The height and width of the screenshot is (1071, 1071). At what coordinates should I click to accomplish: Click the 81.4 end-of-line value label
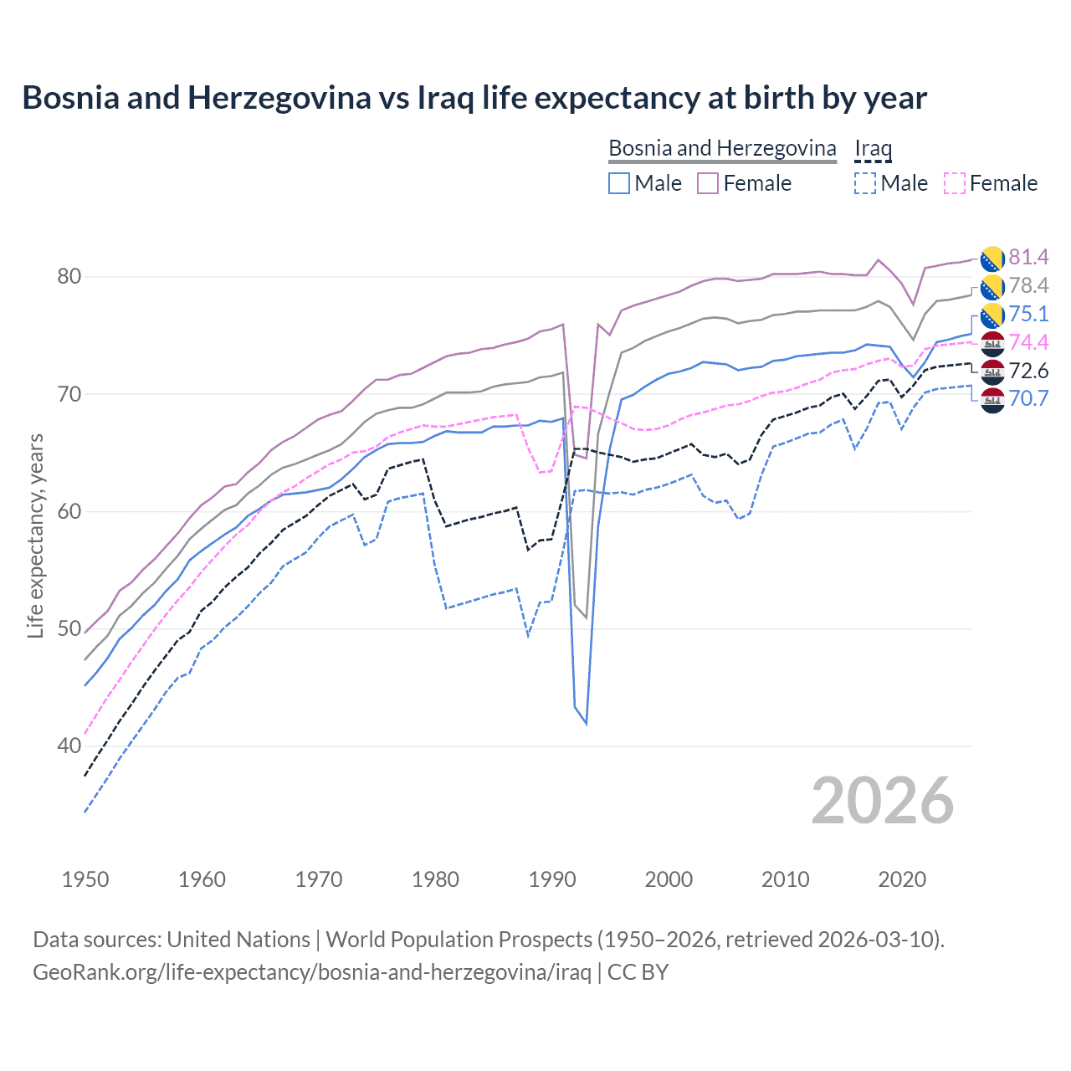pos(1028,257)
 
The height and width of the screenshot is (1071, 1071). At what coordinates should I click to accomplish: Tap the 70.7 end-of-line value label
pos(1028,398)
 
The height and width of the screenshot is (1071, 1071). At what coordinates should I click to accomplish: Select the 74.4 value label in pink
pos(1028,342)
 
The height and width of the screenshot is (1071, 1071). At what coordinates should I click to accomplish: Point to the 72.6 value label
pos(1028,371)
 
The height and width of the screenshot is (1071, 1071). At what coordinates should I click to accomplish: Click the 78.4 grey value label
pos(1028,285)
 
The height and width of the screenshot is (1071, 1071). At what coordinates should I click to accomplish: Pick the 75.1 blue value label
pos(1028,314)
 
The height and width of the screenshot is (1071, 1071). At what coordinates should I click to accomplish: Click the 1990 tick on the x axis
pos(552,879)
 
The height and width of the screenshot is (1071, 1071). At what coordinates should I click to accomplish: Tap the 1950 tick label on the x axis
pos(85,879)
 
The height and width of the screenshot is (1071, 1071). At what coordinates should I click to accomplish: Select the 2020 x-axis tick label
pos(902,879)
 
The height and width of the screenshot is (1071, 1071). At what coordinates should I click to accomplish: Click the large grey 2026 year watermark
pos(883,801)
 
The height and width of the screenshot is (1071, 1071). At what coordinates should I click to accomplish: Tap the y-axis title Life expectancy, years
pos(35,535)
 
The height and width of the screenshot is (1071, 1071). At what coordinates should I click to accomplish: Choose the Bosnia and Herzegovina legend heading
pos(722,148)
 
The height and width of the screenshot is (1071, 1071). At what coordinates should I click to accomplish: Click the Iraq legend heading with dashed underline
pos(873,149)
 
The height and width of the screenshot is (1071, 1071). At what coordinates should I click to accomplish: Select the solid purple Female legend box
pos(708,183)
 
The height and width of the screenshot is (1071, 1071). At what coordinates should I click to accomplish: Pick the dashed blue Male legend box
pos(865,183)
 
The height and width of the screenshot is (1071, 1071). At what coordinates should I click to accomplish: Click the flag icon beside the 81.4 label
pos(992,258)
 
